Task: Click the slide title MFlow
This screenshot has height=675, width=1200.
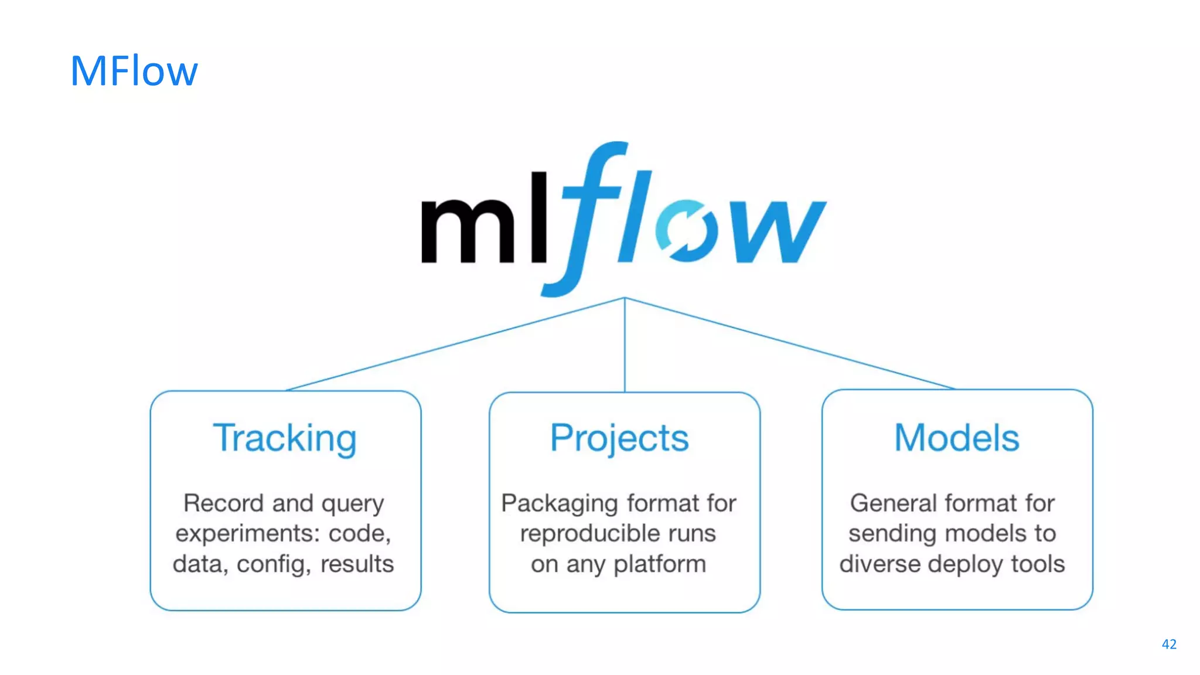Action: (134, 71)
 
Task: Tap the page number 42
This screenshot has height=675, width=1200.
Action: (1169, 645)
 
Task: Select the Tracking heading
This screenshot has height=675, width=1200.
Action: (285, 438)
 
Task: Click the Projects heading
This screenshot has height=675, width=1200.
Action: (619, 438)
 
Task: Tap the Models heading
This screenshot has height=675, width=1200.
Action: (956, 438)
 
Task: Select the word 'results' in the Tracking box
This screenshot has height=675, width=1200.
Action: (357, 564)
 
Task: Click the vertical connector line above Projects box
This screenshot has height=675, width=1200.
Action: (625, 352)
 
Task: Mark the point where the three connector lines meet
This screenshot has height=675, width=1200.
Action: (625, 298)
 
